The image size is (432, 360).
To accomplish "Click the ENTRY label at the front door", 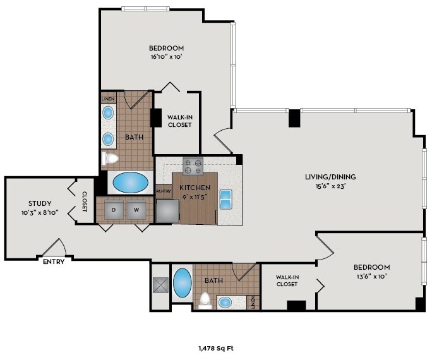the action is [54, 261].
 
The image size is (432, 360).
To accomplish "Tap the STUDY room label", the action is [40, 203].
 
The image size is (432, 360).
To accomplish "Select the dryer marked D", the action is [114, 210].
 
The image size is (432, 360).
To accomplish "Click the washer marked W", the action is [136, 210].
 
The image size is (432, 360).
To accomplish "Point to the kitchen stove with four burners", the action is [193, 166].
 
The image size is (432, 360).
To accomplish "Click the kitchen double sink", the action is [225, 200].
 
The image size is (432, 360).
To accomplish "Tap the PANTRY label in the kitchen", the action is [164, 191].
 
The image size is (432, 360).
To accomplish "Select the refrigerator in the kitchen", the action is [168, 211].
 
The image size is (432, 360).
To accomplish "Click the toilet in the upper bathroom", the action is [110, 159].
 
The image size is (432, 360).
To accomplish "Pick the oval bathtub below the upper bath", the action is [131, 183].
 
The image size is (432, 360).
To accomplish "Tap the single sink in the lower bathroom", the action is [225, 303].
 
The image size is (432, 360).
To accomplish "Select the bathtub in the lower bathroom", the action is [182, 283].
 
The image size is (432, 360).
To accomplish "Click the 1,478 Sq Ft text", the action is [216, 349].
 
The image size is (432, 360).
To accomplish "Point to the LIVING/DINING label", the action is [330, 177].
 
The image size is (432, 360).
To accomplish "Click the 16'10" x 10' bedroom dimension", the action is [167, 57].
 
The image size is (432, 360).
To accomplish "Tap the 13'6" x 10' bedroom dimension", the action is [372, 276].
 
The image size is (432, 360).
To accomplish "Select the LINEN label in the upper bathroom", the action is [108, 99].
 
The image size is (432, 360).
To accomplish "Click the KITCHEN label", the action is [195, 188].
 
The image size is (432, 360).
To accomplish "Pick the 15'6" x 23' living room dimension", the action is [330, 186].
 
